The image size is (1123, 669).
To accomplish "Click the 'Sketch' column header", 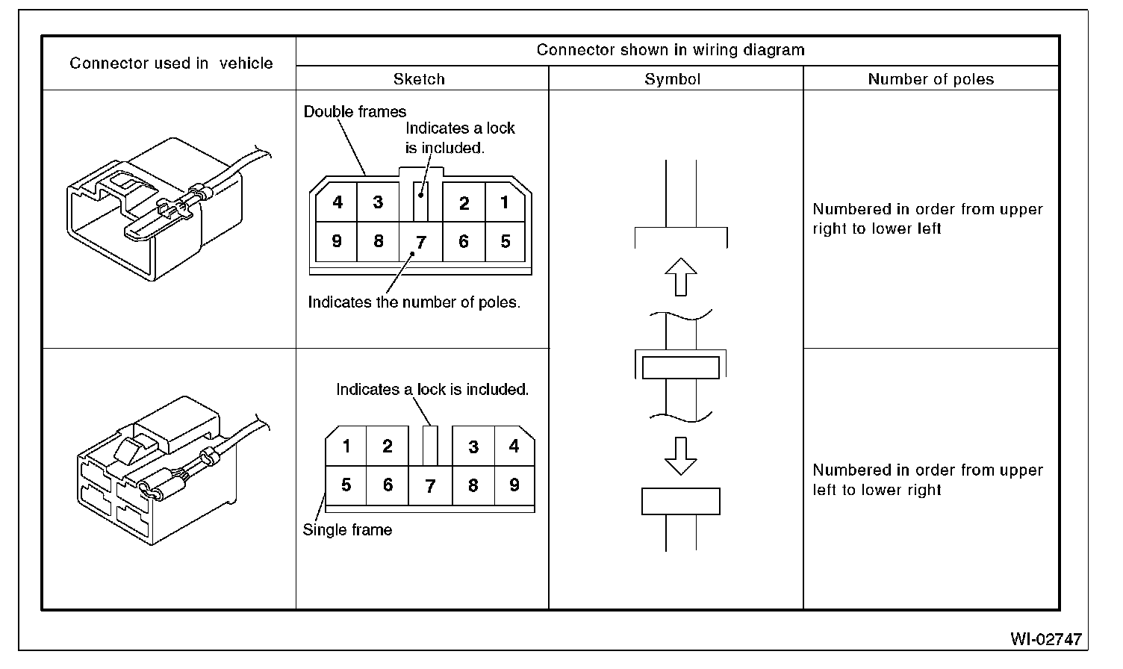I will coord(419,79).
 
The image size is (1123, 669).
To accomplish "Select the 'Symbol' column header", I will coord(672,79).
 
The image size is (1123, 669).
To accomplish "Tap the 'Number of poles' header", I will coord(930,79).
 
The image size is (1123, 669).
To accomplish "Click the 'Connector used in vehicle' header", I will coord(171,63).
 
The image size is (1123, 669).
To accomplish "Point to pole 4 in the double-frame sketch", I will coord(337,202).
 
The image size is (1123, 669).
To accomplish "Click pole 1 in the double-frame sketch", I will coord(505,202).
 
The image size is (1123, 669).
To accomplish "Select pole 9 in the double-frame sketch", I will coord(337,241).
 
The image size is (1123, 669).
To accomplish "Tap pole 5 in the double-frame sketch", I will coord(505,241).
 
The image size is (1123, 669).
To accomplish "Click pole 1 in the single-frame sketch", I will coord(346,446).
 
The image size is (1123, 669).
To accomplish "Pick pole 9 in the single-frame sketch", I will coord(514,485).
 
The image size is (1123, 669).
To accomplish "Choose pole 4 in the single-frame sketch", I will coord(514,446).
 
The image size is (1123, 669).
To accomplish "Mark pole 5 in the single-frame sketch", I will coord(346,485).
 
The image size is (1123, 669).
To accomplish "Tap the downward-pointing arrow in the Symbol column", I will coord(680,455).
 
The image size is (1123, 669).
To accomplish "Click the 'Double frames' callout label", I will coord(355,112).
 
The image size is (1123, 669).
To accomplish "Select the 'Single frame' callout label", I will coord(347,530).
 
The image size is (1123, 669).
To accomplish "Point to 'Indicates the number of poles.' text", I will coord(414,302).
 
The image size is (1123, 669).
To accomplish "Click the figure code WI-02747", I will coord(1045,639).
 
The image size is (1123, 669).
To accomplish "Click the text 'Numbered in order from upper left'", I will coord(927,470).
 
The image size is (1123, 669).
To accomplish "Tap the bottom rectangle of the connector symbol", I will coord(680,502).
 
